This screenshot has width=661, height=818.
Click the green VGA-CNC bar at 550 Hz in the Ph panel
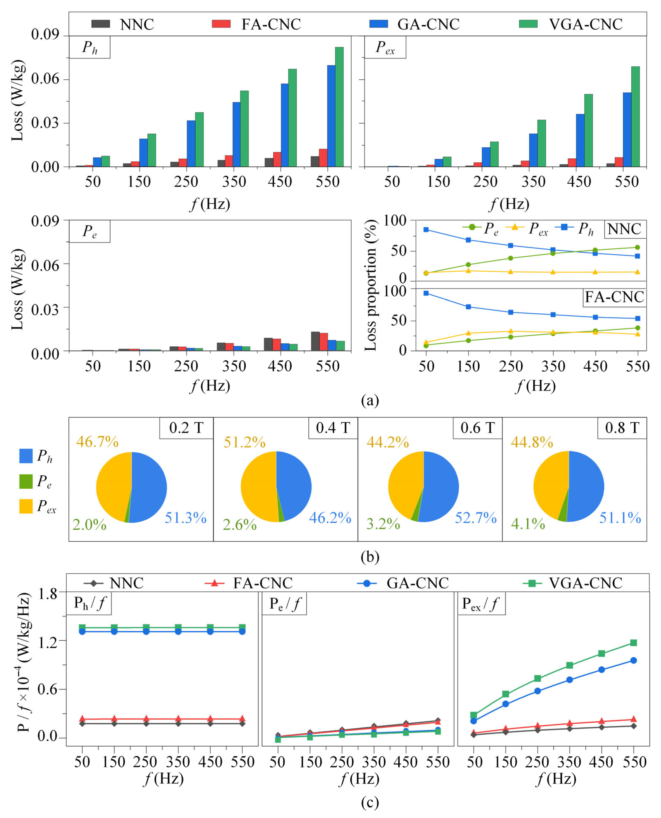(339, 107)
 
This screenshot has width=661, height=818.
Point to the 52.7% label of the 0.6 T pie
(476, 518)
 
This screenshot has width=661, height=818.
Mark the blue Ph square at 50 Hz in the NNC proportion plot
(426, 230)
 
